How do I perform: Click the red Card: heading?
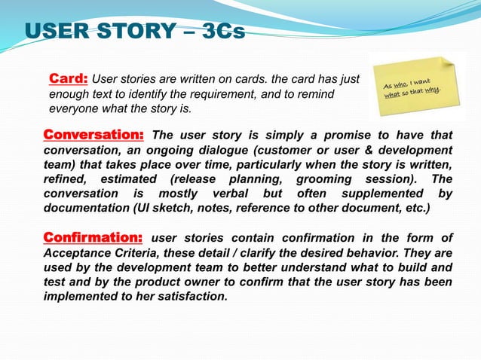click(x=69, y=78)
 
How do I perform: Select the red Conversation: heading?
click(x=93, y=136)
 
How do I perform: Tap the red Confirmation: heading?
click(x=93, y=239)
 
